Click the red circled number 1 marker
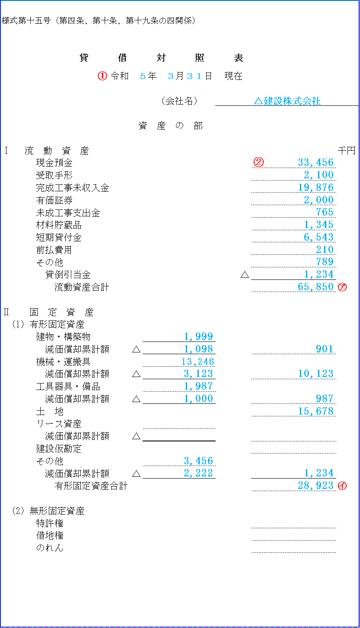point(102,76)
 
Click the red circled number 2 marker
point(258,162)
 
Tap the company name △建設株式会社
point(287,101)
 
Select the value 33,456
point(315,162)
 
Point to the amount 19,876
point(315,187)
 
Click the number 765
point(325,212)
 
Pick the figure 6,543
point(319,237)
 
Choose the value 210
point(325,250)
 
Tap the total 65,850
point(315,287)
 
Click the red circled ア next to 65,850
point(342,287)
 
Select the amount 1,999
point(198,336)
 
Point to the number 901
point(325,349)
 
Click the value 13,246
point(198,362)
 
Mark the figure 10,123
point(315,374)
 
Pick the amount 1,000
point(198,399)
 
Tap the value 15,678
point(315,411)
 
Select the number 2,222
point(198,473)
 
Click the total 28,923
point(315,485)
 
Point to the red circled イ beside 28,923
point(342,486)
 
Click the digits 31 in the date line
point(194,76)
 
